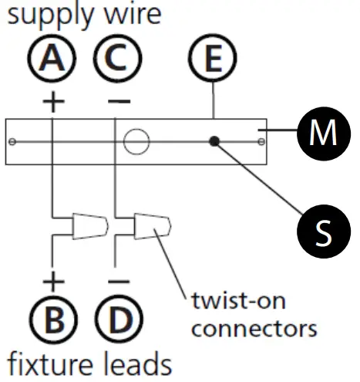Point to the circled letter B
[53, 316]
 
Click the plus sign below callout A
[53, 102]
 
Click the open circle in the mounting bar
[136, 142]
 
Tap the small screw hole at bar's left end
[13, 142]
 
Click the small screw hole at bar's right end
[262, 142]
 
